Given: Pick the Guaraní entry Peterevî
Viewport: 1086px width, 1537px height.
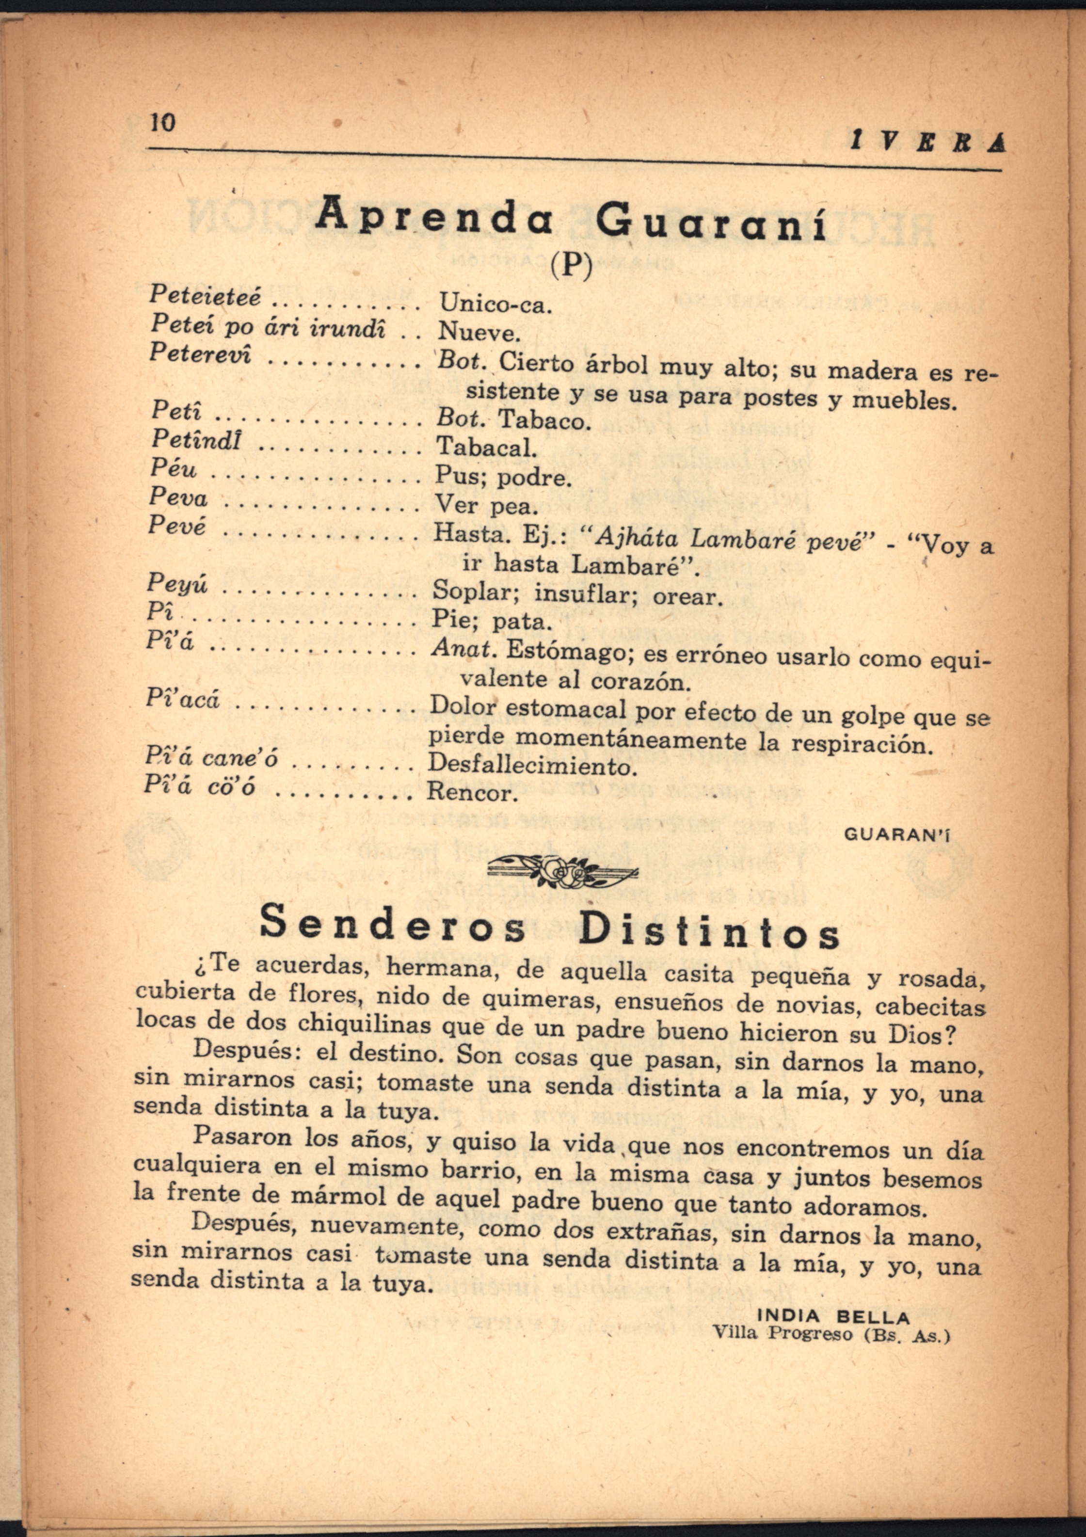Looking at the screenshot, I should coord(200,353).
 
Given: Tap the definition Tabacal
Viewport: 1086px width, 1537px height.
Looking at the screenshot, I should coord(487,447).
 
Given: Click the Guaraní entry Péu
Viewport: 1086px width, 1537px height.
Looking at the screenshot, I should coord(174,468).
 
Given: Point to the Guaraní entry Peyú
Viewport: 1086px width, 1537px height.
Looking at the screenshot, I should coord(177,584).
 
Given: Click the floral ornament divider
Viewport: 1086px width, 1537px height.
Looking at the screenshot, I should coord(562,872).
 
